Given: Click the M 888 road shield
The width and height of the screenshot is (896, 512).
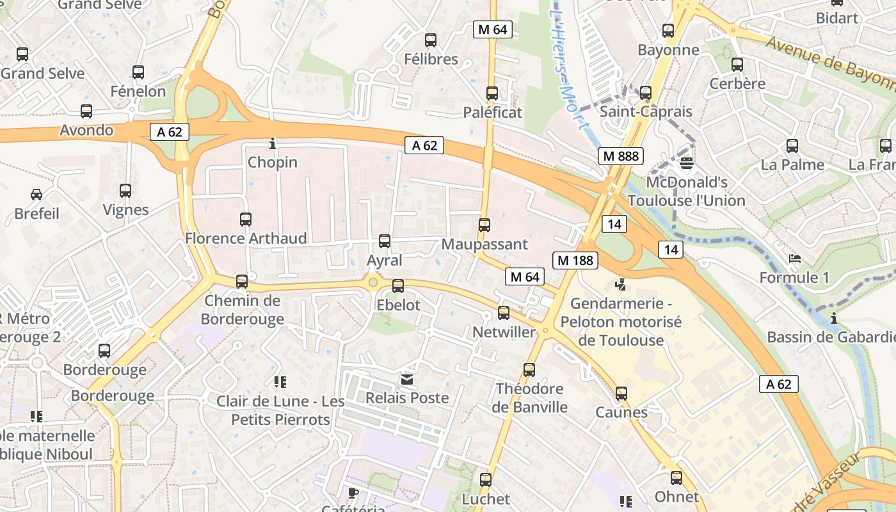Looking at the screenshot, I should click(621, 156).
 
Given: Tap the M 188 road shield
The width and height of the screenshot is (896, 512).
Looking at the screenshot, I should click(575, 260).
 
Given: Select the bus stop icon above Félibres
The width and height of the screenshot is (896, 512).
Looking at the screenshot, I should click(431, 40).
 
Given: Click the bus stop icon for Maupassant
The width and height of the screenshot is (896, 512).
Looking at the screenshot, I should click(484, 225).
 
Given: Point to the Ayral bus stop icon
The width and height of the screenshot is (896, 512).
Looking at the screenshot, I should click(385, 241).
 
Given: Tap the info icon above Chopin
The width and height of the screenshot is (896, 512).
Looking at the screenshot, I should click(273, 143).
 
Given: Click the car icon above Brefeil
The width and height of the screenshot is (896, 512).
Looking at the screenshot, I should click(36, 194).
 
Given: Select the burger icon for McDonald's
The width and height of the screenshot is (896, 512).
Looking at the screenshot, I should click(687, 163).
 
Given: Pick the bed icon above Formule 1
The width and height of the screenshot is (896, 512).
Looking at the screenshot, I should click(794, 259).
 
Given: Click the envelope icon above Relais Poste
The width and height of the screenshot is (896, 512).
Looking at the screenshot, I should click(407, 380).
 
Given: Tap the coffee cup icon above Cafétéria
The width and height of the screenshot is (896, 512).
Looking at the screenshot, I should click(353, 492).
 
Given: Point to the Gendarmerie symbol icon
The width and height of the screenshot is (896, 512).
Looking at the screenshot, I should click(620, 284).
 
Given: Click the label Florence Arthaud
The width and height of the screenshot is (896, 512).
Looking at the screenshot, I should click(246, 238).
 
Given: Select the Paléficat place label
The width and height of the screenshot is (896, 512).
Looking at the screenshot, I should click(493, 113).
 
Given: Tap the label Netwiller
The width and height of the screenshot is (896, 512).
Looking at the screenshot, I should click(504, 332).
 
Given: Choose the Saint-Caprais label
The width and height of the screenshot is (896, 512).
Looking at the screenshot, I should click(646, 112).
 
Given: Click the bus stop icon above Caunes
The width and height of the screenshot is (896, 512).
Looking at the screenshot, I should click(621, 394).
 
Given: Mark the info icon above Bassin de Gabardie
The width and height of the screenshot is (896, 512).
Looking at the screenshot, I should click(834, 318).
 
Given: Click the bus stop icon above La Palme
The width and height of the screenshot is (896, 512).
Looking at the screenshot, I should click(792, 146).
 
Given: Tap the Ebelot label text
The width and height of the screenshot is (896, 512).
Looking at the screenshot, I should click(398, 305).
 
